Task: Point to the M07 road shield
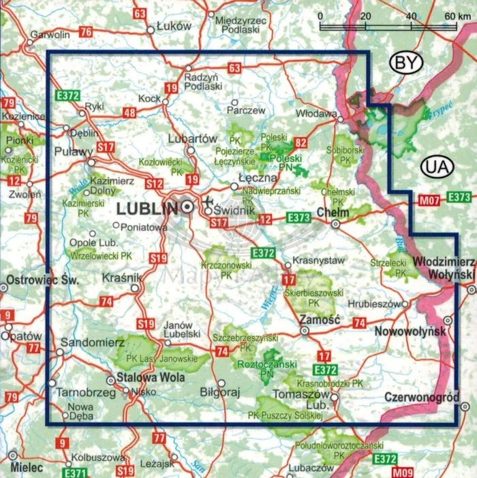point(428,200)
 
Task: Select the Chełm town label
point(333,212)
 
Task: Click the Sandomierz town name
point(87,340)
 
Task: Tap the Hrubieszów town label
point(372,304)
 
